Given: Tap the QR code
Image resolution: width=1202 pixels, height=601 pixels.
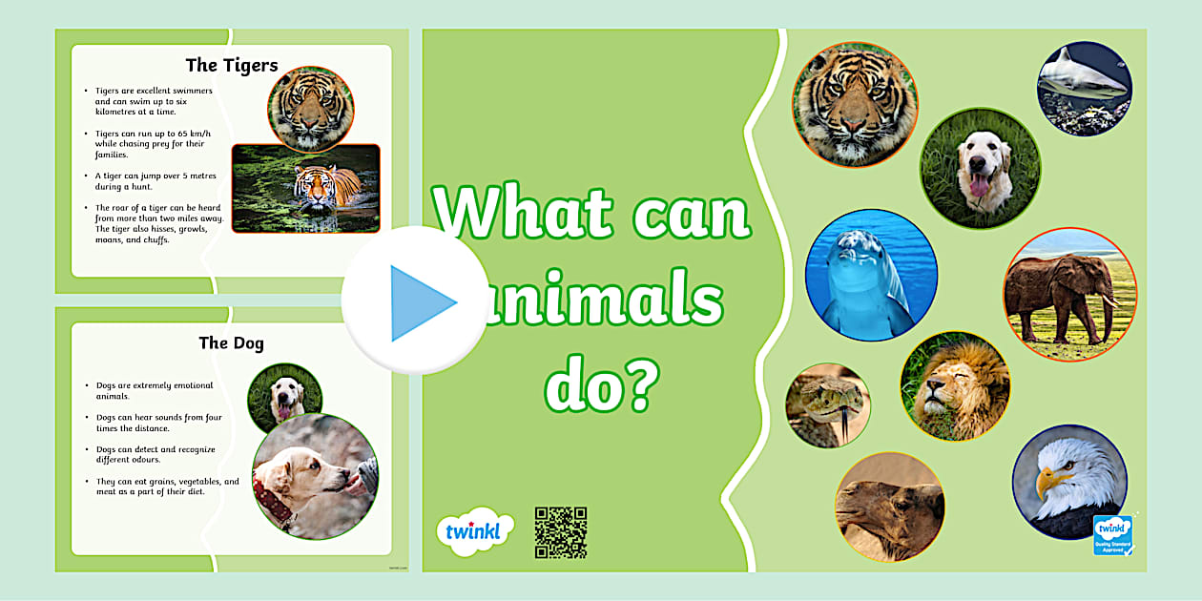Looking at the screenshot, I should click(560, 532).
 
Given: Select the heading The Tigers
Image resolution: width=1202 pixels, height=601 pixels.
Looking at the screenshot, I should click(232, 65).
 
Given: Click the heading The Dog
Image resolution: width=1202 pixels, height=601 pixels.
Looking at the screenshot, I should click(231, 342).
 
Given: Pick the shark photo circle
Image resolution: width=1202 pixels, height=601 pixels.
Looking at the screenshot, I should click(1084, 89).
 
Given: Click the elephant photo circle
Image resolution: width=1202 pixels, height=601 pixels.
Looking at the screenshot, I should click(1069, 294).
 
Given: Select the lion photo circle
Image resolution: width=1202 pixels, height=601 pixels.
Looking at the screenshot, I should click(955, 386).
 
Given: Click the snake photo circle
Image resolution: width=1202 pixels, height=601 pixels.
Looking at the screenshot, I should click(827, 404).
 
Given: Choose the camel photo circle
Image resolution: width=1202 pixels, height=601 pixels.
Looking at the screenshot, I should click(889, 506).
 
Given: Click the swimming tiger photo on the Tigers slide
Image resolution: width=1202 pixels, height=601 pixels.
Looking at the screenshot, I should click(305, 188).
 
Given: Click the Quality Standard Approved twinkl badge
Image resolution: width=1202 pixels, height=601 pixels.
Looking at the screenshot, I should click(1113, 535).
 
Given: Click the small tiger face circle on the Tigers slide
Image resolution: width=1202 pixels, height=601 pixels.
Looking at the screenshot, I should click(310, 109).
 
